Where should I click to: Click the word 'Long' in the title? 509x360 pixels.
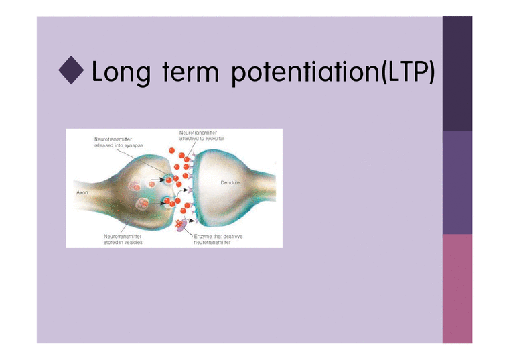click(120, 73)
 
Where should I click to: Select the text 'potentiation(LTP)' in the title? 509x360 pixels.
click(332, 73)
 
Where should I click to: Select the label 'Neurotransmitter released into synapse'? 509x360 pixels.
click(118, 143)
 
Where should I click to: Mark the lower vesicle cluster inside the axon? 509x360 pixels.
click(143, 204)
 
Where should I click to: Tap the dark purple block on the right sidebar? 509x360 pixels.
click(457, 74)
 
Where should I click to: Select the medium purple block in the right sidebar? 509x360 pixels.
click(457, 182)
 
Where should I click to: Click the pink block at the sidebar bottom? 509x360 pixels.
click(457, 288)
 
